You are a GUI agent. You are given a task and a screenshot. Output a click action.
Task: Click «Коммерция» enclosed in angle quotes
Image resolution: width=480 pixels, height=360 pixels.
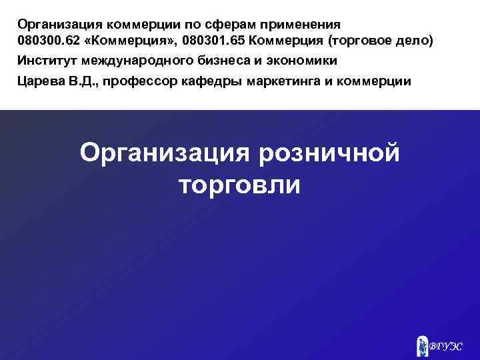click(x=129, y=41)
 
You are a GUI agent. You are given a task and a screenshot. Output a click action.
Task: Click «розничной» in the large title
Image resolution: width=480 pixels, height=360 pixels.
click(x=325, y=153)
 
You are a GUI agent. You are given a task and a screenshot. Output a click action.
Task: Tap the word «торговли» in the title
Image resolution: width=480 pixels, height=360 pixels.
click(x=240, y=185)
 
